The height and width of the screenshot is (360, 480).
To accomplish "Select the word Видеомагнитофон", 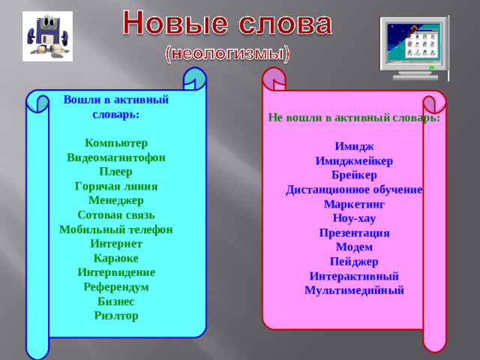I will point(116,158).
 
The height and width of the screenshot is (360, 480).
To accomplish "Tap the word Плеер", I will point(116,172).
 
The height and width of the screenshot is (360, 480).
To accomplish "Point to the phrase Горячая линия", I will point(116,187).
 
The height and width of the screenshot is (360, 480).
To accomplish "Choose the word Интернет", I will point(116,244).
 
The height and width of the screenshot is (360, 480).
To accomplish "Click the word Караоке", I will point(116,259).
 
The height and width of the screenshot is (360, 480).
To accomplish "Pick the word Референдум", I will point(116,287).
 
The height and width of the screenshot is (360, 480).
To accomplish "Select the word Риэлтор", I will point(116,316).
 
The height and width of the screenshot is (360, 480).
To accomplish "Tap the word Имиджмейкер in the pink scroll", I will point(354,161).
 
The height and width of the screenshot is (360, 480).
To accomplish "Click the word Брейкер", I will point(354,175).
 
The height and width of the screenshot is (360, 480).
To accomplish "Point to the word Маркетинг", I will point(354,204).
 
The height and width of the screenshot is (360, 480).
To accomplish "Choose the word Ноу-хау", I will point(354,218).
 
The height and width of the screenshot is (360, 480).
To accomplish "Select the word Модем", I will point(354,247).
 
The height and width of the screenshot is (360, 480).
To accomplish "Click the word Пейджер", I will point(354,262).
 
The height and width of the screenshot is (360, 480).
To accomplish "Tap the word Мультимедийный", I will point(354,290).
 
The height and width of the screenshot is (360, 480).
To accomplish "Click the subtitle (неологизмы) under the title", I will point(227,54).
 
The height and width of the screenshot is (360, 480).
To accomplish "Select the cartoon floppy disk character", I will point(47,37).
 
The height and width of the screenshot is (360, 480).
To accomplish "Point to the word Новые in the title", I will point(169,24).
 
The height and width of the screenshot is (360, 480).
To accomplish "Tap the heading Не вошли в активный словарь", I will point(354,118).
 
